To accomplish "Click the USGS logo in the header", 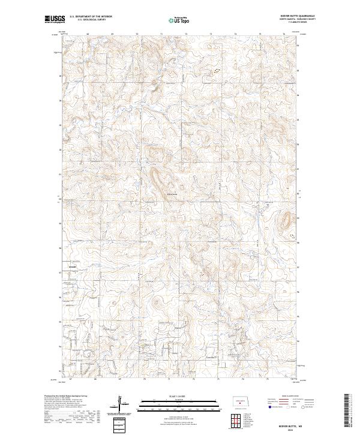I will [x=55, y=19].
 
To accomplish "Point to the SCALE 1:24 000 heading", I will [x=179, y=397].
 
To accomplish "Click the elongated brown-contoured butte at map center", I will [x=160, y=181].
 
